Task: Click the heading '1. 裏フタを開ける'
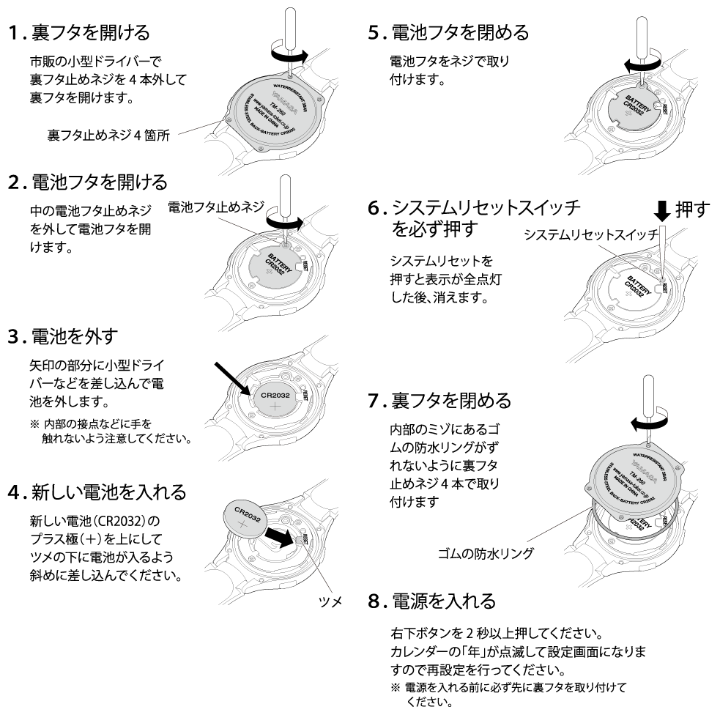pyautogui.click(x=79, y=33)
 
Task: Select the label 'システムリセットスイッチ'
pyautogui.click(x=591, y=236)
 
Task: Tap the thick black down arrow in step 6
pyautogui.click(x=661, y=212)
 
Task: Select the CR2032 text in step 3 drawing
pyautogui.click(x=275, y=396)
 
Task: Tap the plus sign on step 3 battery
pyautogui.click(x=275, y=407)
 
